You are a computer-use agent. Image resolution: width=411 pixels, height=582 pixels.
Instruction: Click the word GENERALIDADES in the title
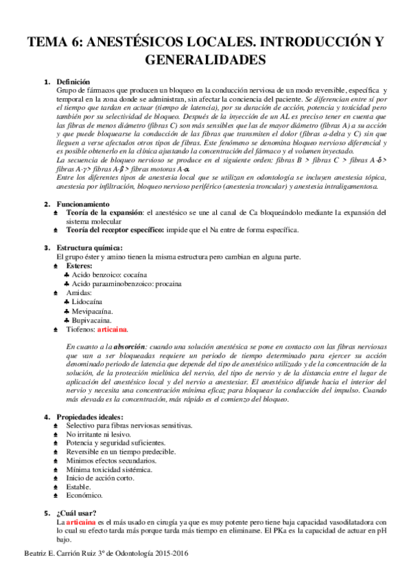pos(205,60)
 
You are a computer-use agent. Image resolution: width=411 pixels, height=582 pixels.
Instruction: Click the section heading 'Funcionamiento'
pos(82,204)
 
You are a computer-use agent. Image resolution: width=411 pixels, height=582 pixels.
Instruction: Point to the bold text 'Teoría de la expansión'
pos(104,213)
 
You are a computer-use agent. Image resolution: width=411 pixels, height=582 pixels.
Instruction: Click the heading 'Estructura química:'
pos(89,248)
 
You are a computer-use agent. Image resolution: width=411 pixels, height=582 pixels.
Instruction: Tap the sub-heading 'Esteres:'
pos(80,266)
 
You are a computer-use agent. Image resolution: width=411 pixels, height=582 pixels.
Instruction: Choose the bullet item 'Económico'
pos(84,495)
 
